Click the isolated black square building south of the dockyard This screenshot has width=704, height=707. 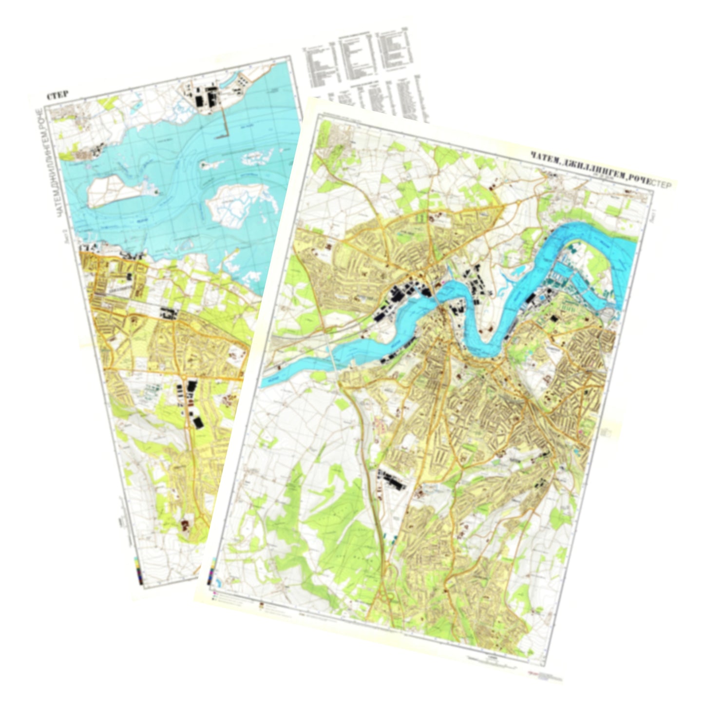click(x=554, y=319)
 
